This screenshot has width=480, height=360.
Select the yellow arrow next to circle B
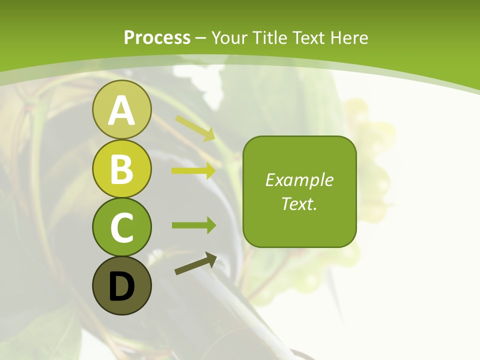(x=193, y=171)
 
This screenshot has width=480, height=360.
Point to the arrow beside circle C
(x=193, y=225)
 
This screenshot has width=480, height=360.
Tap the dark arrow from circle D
(x=195, y=264)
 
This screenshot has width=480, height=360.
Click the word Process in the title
(x=157, y=37)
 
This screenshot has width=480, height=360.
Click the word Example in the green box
(x=299, y=180)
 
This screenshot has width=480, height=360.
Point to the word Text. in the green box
(x=299, y=203)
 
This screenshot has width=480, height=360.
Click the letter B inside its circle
(x=121, y=169)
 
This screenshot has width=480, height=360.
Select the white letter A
(x=121, y=110)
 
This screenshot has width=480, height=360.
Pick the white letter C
(x=121, y=228)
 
